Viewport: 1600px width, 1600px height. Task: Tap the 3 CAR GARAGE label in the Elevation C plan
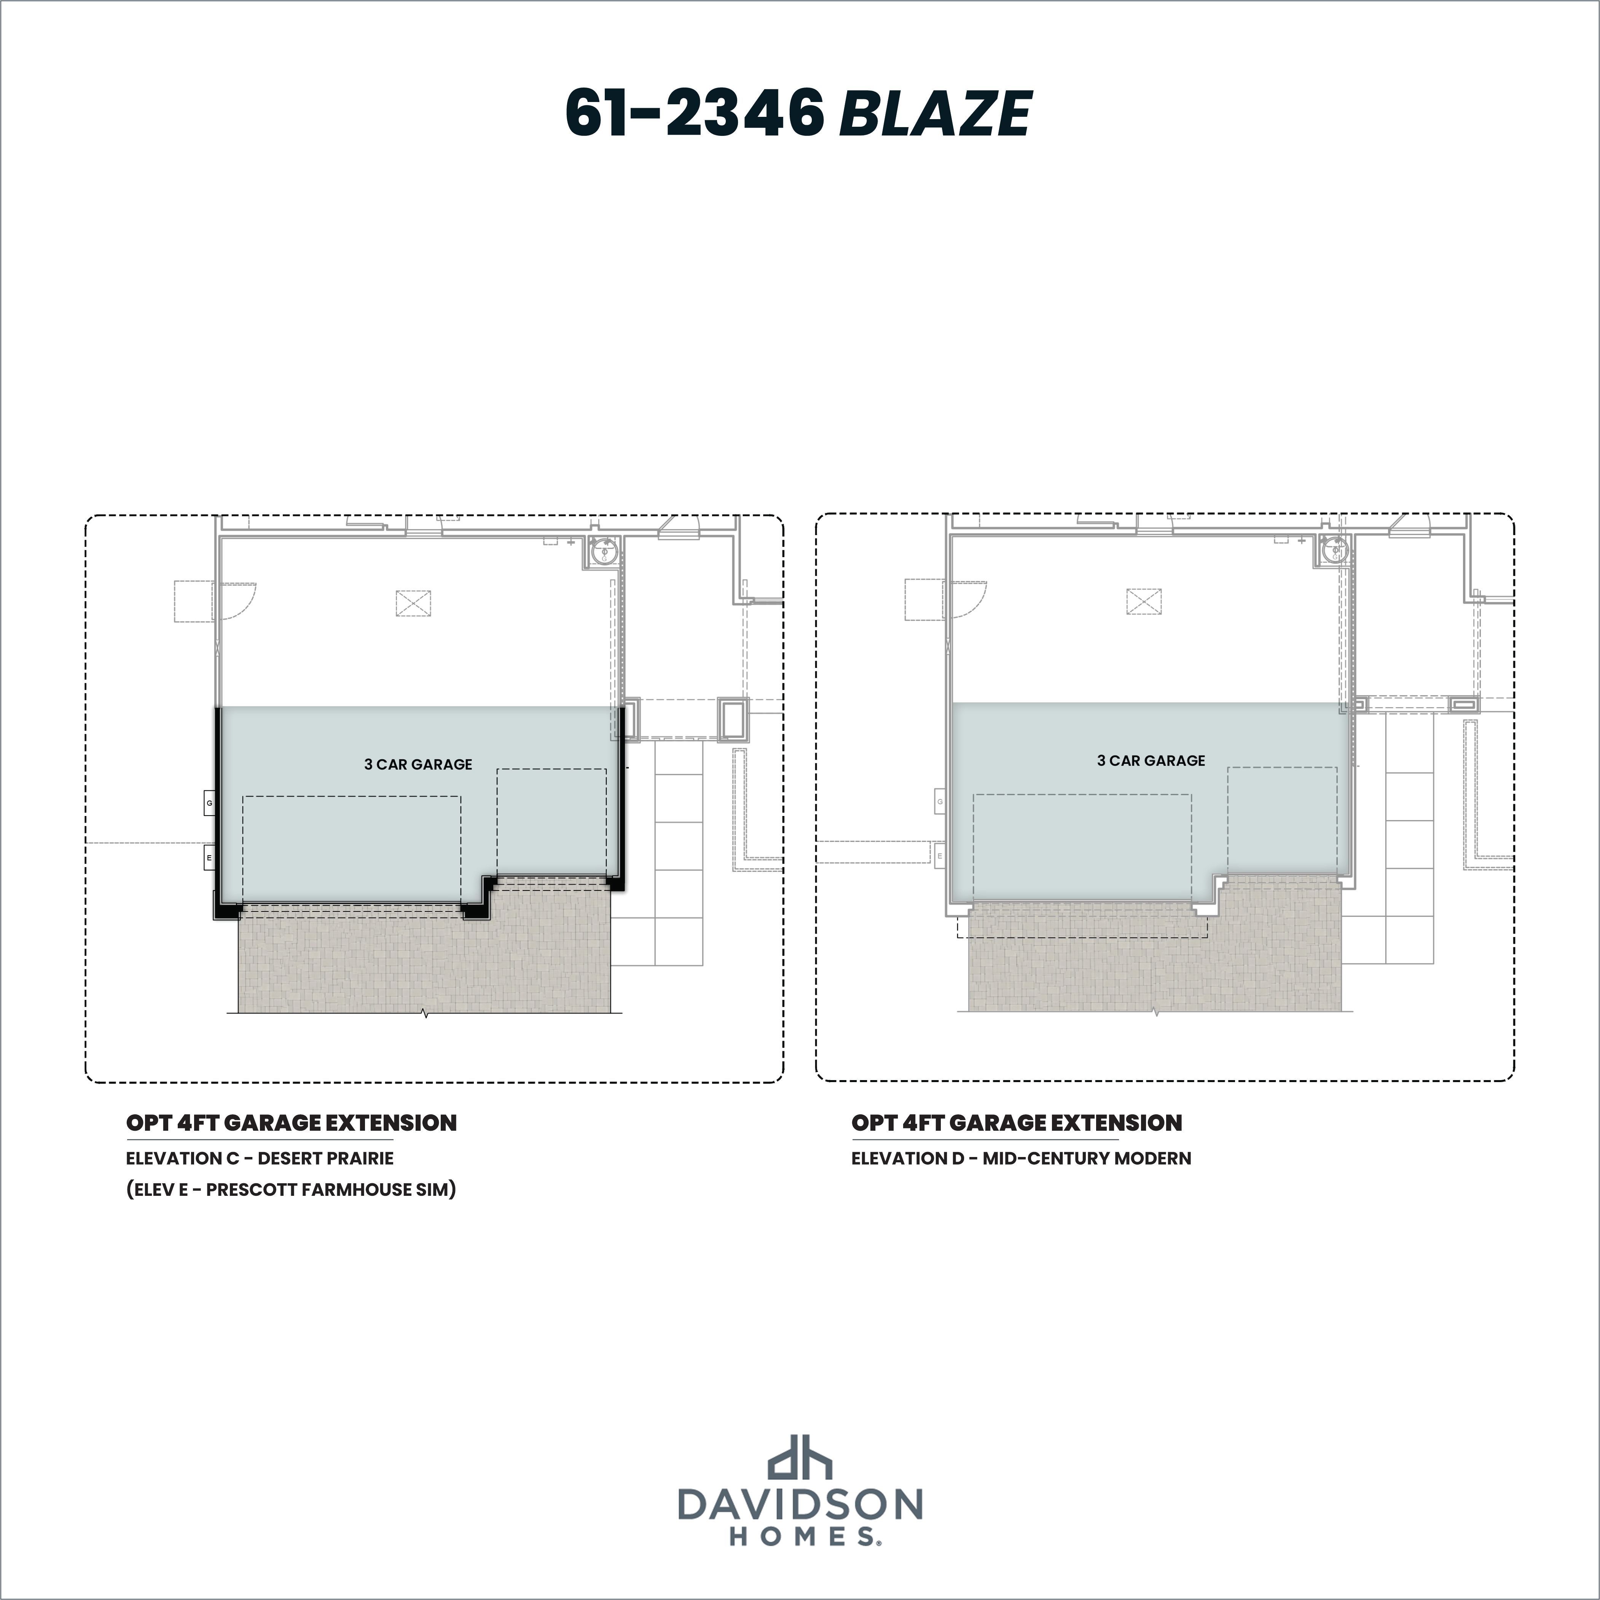(418, 764)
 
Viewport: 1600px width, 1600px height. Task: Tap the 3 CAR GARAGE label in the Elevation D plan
(1151, 760)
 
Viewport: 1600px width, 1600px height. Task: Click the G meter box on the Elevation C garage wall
(210, 803)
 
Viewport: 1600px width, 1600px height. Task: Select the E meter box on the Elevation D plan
(940, 856)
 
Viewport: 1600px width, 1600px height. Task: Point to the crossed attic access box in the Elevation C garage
(413, 603)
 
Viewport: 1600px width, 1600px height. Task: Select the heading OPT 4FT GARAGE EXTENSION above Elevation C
(292, 1123)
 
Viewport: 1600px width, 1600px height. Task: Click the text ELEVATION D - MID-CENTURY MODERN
(1021, 1159)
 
